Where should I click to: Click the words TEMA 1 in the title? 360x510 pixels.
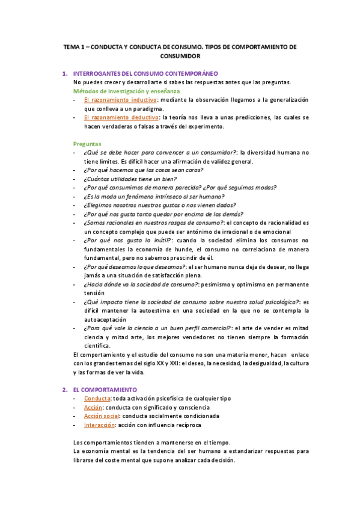pyautogui.click(x=77, y=46)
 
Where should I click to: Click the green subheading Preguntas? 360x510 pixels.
pyautogui.click(x=88, y=144)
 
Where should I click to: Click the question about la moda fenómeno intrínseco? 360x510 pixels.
pyautogui.click(x=154, y=196)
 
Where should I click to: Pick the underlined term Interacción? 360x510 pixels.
pyautogui.click(x=99, y=425)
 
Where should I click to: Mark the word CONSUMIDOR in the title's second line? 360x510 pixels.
pyautogui.click(x=180, y=55)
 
